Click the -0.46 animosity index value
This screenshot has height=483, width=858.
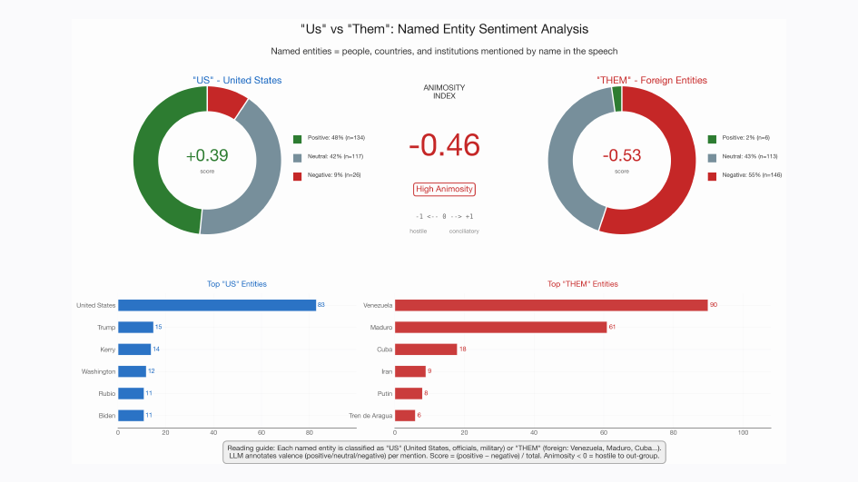pos(444,145)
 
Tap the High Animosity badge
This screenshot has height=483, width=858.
pos(444,189)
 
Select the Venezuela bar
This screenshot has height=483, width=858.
pos(551,305)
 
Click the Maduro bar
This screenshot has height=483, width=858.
pos(500,327)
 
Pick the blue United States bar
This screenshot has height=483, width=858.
pos(216,305)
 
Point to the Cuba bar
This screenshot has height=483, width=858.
pos(426,349)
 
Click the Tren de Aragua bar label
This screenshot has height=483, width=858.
pos(370,416)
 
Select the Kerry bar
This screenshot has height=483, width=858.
pos(134,349)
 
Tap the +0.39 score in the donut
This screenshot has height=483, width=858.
pos(207,156)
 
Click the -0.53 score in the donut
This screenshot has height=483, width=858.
pos(621,156)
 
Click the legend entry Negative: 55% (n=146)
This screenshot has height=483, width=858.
pos(745,174)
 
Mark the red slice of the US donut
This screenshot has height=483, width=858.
pos(226,101)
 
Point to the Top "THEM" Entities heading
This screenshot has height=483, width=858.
pos(582,284)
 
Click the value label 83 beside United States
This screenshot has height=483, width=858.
pos(322,305)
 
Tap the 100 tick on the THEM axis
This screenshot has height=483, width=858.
pos(743,433)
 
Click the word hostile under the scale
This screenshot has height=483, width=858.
pos(419,232)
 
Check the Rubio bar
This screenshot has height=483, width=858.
pos(131,393)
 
